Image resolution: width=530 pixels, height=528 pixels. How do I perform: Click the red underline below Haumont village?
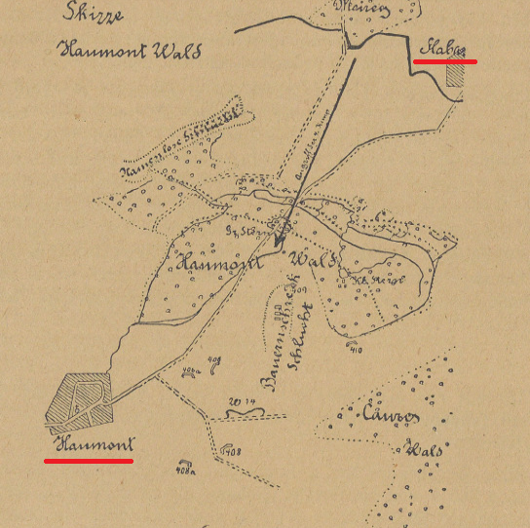[x=89, y=460]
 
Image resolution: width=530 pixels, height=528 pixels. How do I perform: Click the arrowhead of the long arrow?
[x=279, y=240]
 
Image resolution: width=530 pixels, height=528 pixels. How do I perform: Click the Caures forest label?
[x=390, y=417]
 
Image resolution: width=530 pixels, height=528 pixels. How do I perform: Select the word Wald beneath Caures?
[x=425, y=451]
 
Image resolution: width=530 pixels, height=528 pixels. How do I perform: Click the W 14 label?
[x=241, y=401]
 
